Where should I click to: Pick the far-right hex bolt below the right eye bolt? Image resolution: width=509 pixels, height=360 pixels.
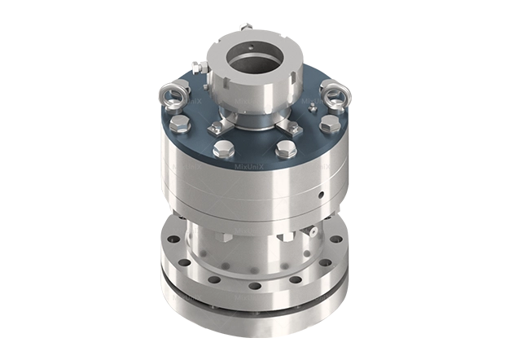coord(328,125)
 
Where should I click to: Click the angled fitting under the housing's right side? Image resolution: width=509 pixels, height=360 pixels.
coord(310,235)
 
